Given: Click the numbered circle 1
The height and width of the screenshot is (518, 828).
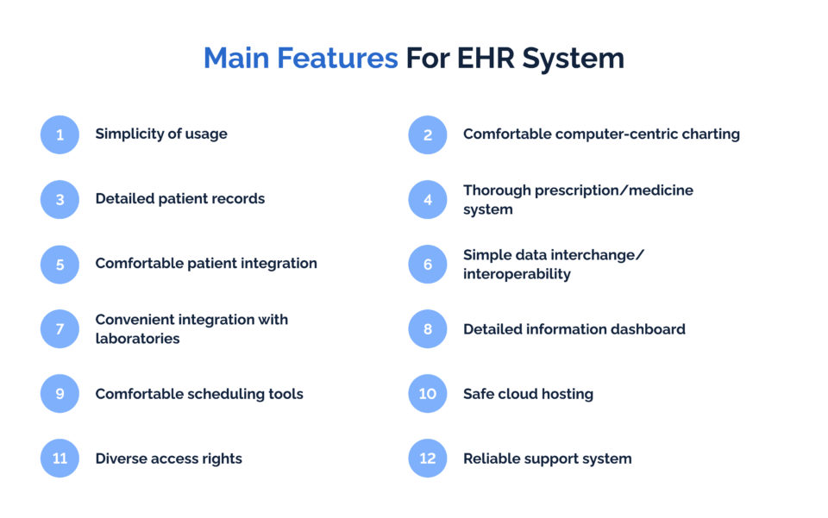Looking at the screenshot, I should tap(60, 134).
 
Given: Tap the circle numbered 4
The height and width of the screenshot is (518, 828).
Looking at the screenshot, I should tap(428, 199).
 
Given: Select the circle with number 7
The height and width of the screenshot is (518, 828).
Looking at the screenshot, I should tap(60, 328).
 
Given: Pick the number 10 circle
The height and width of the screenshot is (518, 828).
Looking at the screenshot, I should tap(428, 394).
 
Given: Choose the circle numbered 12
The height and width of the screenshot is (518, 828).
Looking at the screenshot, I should tap(428, 459).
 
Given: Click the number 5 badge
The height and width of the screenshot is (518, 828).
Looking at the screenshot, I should tap(60, 264).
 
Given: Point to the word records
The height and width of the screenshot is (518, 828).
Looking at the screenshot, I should tap(235, 199).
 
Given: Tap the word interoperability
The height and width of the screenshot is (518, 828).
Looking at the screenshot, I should tap(517, 274).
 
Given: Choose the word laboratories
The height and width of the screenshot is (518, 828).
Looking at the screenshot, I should tap(137, 339).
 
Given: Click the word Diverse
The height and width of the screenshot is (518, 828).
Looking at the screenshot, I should tap(122, 459).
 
